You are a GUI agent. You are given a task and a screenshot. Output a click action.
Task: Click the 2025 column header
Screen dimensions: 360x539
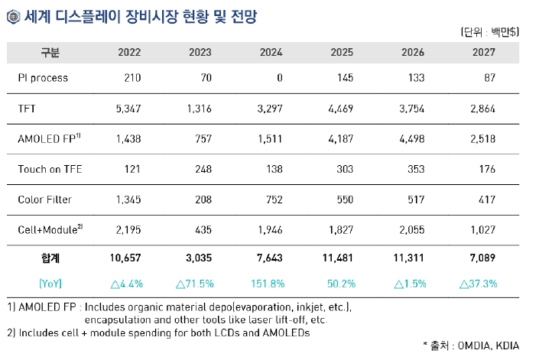coord(341,53)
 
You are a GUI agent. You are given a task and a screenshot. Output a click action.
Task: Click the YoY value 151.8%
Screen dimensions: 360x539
coord(268,283)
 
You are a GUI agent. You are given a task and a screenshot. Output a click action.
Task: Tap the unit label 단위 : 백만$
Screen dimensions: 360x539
coord(490,32)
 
